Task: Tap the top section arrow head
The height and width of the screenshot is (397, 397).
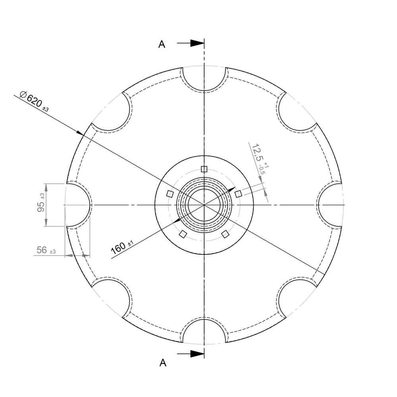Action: coord(197,43)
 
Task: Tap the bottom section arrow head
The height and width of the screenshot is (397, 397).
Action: coord(197,353)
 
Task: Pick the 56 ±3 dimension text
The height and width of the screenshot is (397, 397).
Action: coord(46,250)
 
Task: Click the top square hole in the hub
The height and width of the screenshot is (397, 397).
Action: coord(204,169)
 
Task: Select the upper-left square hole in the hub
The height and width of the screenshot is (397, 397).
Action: coord(170,194)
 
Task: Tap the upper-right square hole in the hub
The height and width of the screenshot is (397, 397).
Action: coord(238,194)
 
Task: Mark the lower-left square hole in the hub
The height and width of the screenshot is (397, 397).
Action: coord(183,234)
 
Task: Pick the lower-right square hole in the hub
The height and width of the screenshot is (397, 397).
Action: coord(225,234)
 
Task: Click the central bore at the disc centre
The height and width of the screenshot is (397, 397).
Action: coord(204,205)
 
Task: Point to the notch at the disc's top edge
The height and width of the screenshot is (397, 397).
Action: coord(204,77)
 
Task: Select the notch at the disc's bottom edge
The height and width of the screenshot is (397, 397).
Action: coord(204,331)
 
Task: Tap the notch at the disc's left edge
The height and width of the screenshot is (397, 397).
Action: coord(77,205)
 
